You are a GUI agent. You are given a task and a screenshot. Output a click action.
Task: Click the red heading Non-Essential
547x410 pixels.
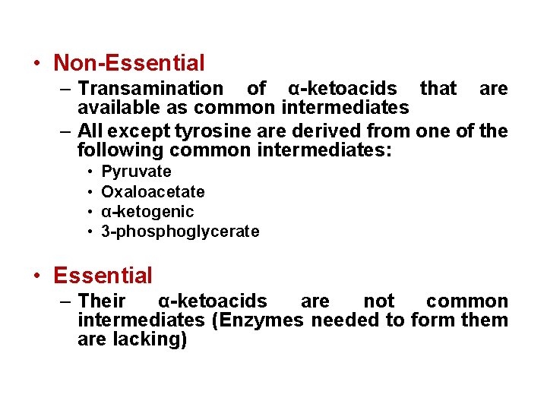(129, 63)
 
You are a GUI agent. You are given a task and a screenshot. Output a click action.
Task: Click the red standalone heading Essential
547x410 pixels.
(103, 276)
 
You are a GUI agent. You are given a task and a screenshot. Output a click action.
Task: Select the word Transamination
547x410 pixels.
(150, 89)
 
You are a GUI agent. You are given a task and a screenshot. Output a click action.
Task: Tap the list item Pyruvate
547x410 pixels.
(136, 172)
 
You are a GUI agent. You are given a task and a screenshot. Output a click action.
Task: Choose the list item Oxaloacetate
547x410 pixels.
(153, 191)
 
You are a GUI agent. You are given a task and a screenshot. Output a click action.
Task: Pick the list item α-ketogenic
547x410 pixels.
(147, 212)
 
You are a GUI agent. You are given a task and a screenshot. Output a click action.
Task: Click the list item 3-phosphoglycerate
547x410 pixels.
(180, 232)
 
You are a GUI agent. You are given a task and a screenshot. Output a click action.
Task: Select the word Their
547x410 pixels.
(102, 301)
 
